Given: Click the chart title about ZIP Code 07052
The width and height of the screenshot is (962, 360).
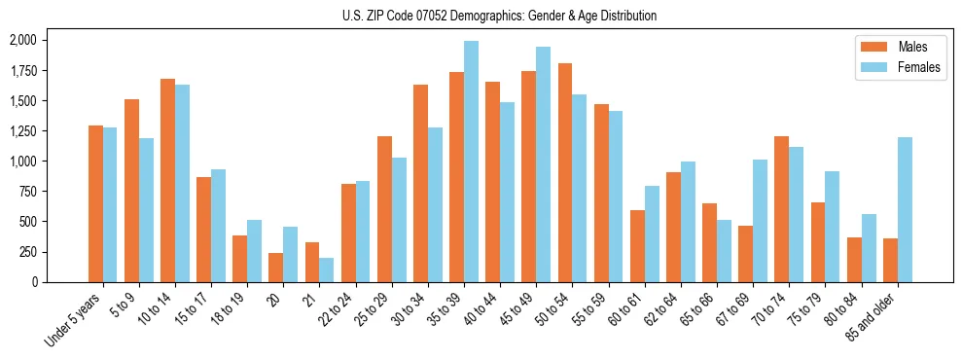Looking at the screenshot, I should (x=500, y=16).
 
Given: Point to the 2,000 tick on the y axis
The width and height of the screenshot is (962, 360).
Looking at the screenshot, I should (x=21, y=40).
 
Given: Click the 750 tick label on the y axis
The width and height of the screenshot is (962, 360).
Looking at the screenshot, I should (x=26, y=192).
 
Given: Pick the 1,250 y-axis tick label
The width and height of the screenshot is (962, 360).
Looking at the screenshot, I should (x=21, y=131).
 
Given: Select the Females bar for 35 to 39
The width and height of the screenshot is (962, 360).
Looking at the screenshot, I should (x=471, y=162).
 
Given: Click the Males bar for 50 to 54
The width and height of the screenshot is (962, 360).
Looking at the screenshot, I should (x=564, y=172).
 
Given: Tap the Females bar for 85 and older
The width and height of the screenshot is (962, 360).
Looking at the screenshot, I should (x=905, y=209).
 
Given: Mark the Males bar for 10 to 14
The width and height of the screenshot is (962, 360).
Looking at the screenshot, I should (x=167, y=180).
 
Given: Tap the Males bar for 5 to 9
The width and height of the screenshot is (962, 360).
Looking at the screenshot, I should (x=131, y=191).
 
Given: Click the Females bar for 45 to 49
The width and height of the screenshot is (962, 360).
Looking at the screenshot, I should (x=543, y=164).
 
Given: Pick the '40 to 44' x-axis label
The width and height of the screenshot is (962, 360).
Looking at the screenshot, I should (x=480, y=310).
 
